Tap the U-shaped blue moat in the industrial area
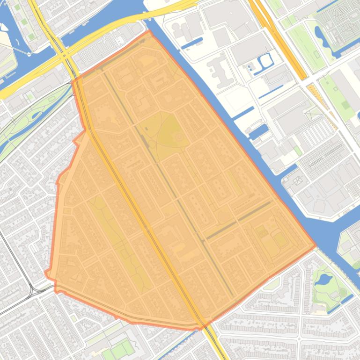point(265,60)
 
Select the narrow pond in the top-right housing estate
point(320,34)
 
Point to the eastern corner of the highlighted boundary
point(315,245)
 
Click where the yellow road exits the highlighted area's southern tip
point(203,326)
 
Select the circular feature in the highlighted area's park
point(178,137)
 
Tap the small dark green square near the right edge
point(345,105)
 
